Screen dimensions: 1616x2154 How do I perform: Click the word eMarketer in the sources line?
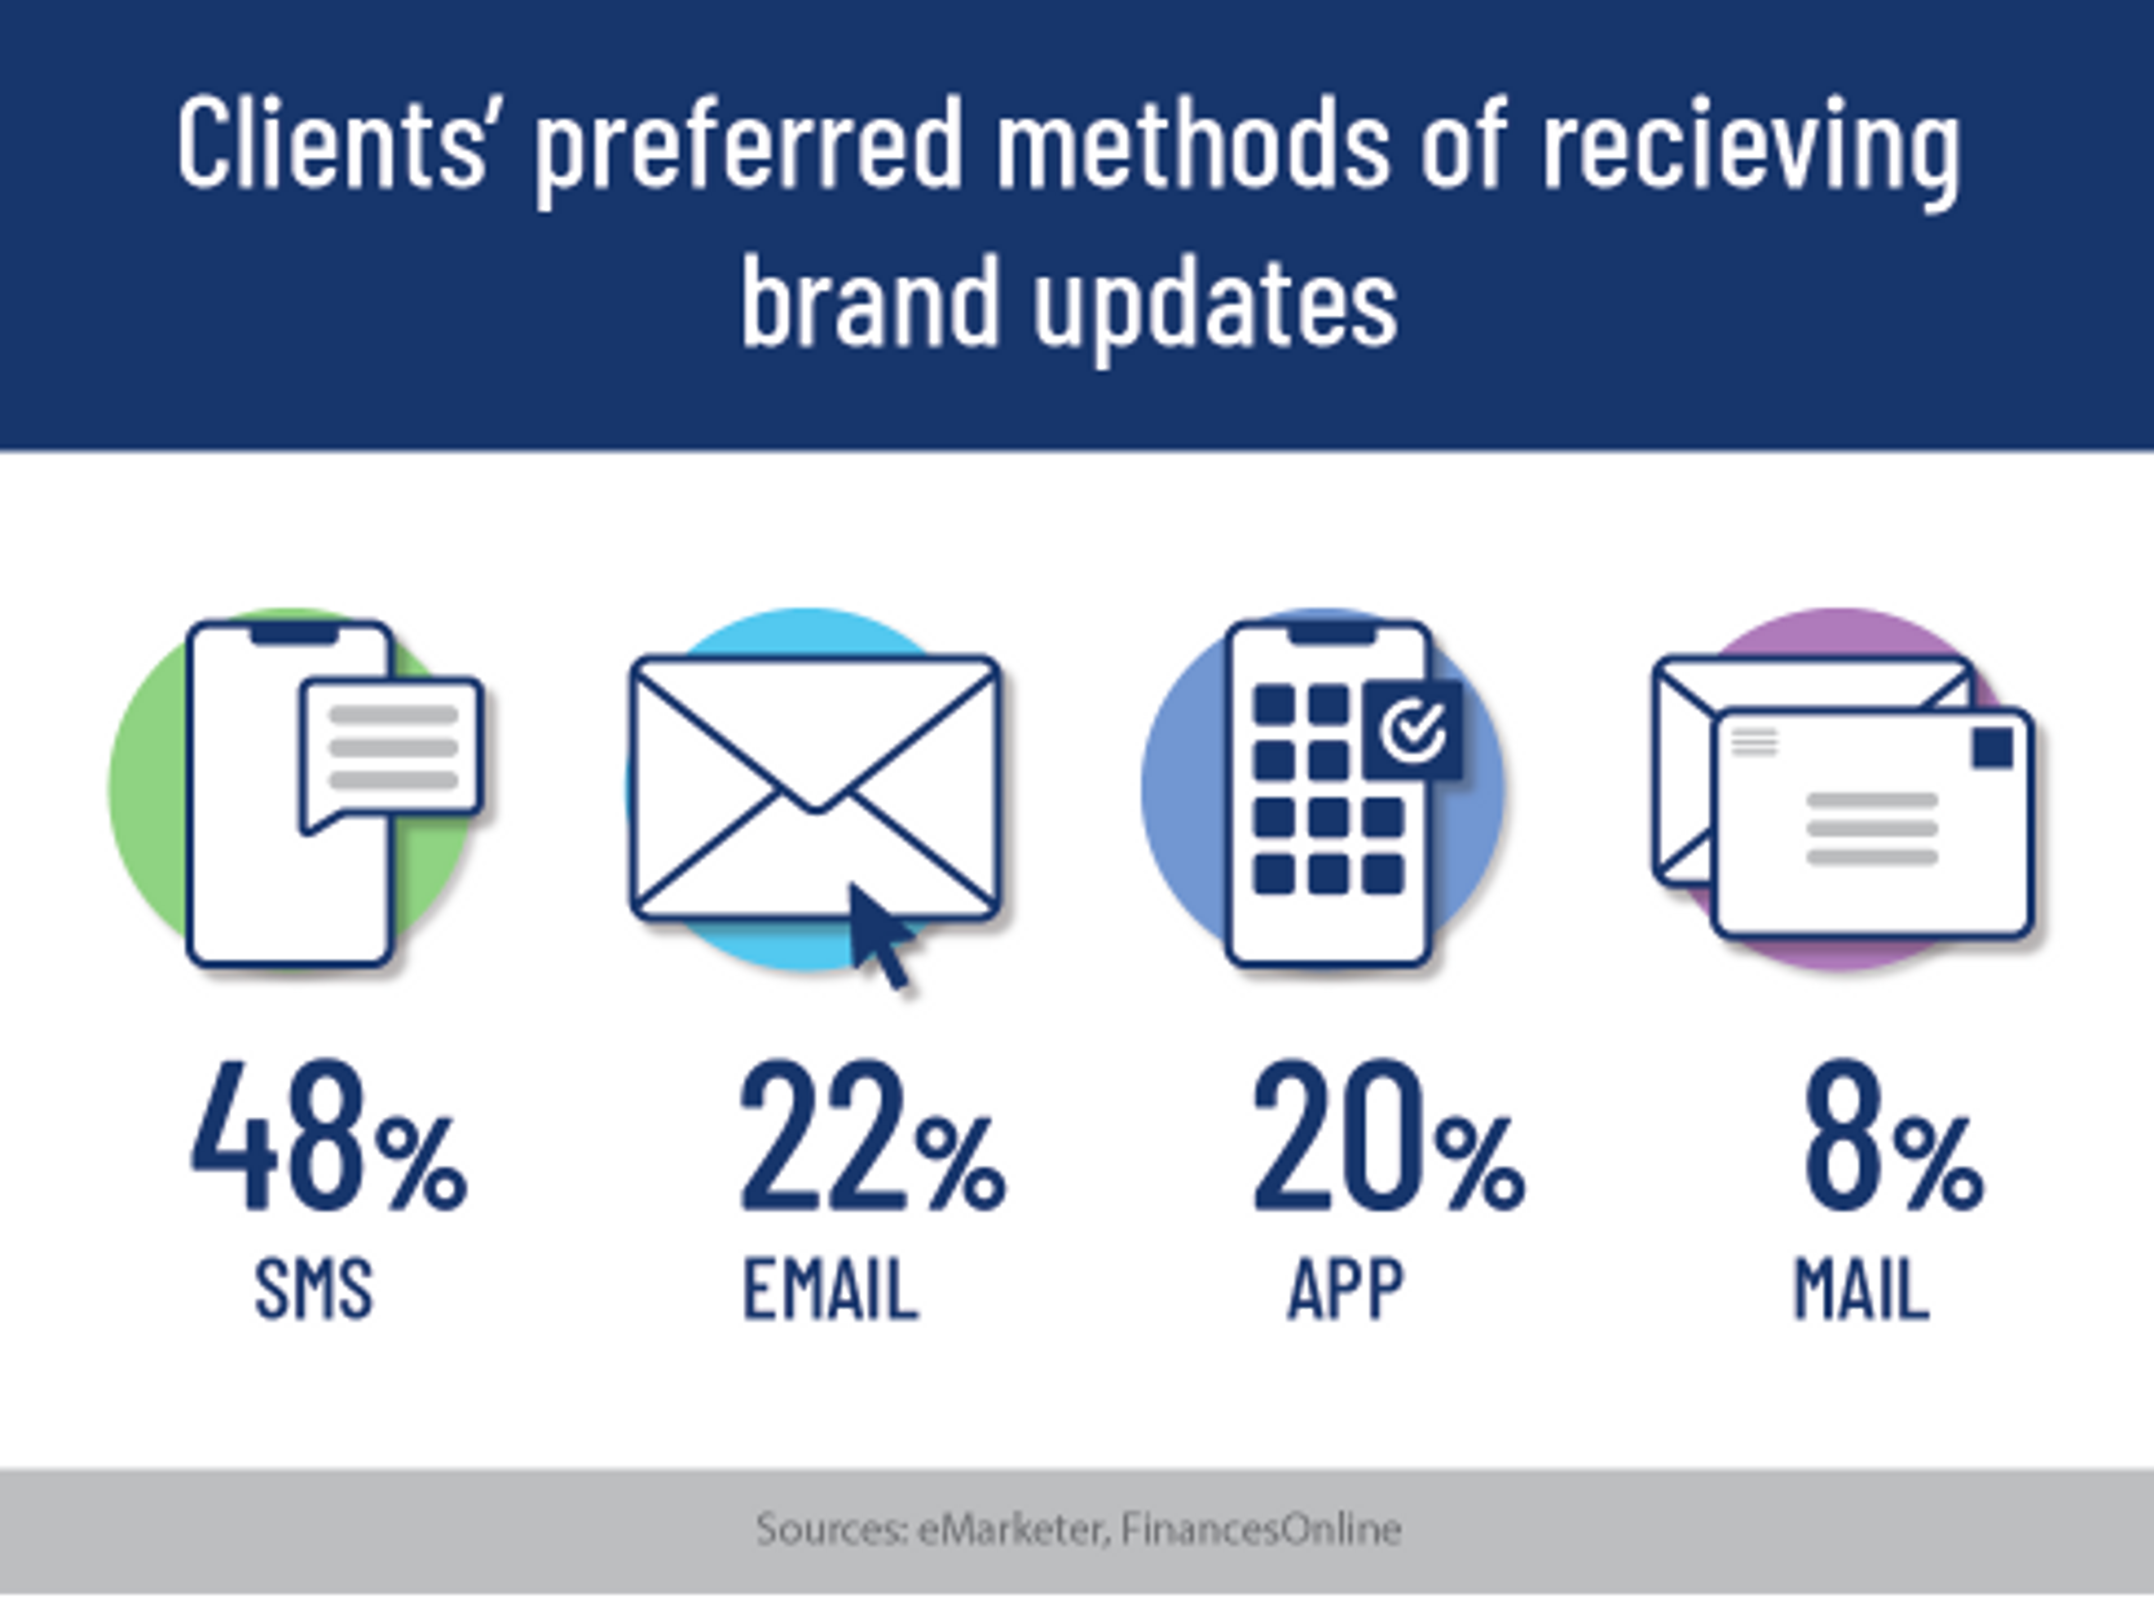1012,1529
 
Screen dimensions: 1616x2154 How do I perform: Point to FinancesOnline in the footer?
1261,1529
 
